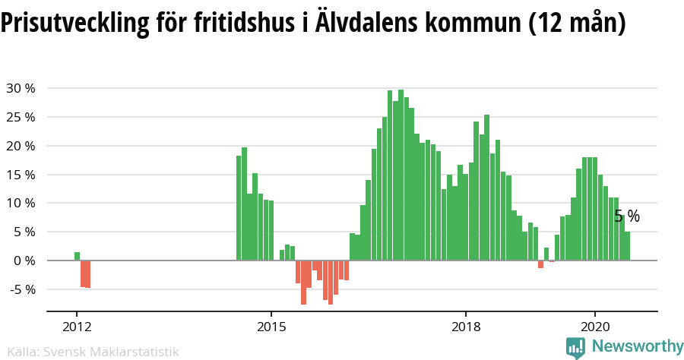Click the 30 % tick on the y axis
pyautogui.click(x=21, y=88)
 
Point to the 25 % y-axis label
pyautogui.click(x=21, y=117)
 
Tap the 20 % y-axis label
pyautogui.click(x=21, y=146)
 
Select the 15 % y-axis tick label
pyautogui.click(x=21, y=175)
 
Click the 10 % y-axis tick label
pyautogui.click(x=21, y=203)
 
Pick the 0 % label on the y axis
pyautogui.click(x=24, y=261)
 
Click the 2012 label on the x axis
pyautogui.click(x=77, y=327)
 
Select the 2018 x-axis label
pyautogui.click(x=466, y=327)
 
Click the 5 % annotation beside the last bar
pyautogui.click(x=627, y=216)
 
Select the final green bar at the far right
pyautogui.click(x=627, y=246)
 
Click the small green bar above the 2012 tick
pyautogui.click(x=77, y=256)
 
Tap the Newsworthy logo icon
pyautogui.click(x=576, y=347)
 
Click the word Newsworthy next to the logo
pyautogui.click(x=637, y=346)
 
